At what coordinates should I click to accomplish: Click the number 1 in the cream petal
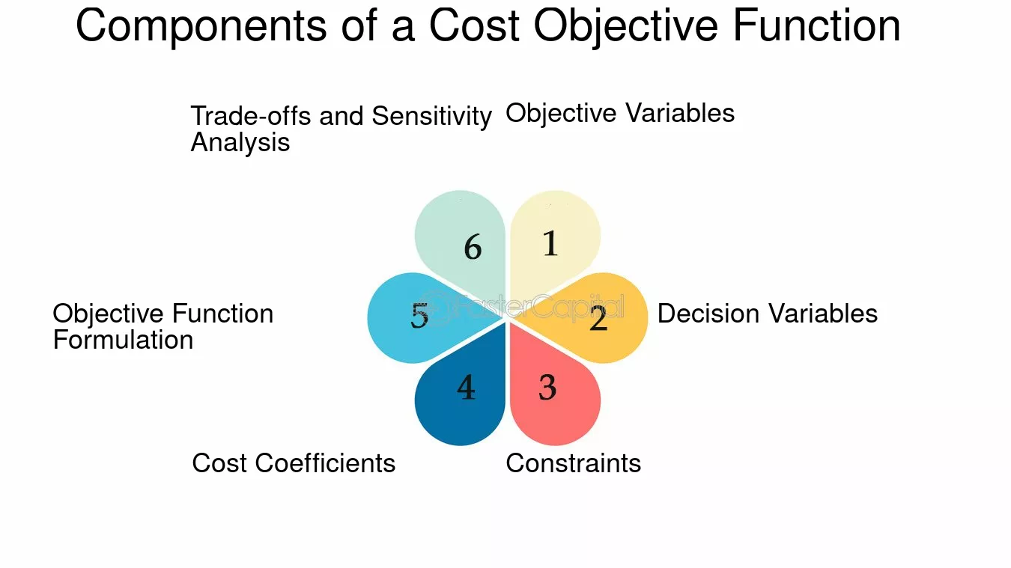[550, 244]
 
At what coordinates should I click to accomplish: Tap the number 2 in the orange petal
[598, 318]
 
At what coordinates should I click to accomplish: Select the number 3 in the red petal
[547, 388]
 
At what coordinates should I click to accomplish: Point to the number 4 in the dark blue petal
[467, 388]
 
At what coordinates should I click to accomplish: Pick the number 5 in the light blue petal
[419, 315]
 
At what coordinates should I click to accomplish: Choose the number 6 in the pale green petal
[473, 247]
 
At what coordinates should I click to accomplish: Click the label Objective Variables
[620, 114]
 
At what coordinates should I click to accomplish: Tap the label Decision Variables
[768, 314]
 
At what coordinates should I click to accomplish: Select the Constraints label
[573, 463]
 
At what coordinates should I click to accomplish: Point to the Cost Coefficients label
[294, 463]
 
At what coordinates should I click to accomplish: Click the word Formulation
[124, 340]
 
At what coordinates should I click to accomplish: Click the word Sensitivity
[431, 117]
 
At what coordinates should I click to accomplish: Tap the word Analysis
[240, 144]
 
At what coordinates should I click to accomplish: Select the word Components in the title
[201, 27]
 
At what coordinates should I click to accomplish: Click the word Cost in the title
[474, 25]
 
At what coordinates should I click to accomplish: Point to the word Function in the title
[816, 25]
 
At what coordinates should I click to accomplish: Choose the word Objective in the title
[625, 27]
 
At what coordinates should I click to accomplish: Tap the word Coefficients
[325, 463]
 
